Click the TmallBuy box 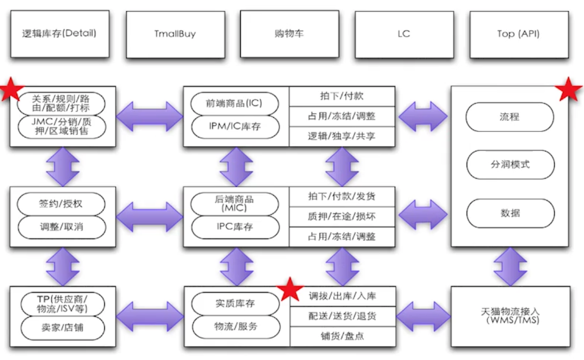pyautogui.click(x=175, y=35)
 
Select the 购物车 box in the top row pyautogui.click(x=289, y=35)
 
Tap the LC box pyautogui.click(x=404, y=35)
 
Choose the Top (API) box pyautogui.click(x=518, y=35)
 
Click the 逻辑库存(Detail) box pyautogui.click(x=60, y=35)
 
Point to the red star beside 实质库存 pyautogui.click(x=291, y=289)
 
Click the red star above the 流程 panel pyautogui.click(x=568, y=90)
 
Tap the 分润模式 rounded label pyautogui.click(x=510, y=164)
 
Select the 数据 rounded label pyautogui.click(x=510, y=213)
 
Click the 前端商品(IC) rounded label pyautogui.click(x=235, y=104)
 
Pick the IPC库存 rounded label pyautogui.click(x=235, y=227)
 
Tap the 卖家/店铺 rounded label pyautogui.click(x=61, y=327)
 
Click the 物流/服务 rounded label pyautogui.click(x=235, y=326)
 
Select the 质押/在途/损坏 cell pyautogui.click(x=342, y=216)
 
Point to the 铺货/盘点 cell pyautogui.click(x=342, y=336)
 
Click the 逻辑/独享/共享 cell pyautogui.click(x=342, y=136)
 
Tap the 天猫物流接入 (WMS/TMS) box pyautogui.click(x=510, y=316)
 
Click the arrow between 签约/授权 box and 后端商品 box pyautogui.click(x=149, y=216)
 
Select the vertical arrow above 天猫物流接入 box pyautogui.click(x=510, y=267)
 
